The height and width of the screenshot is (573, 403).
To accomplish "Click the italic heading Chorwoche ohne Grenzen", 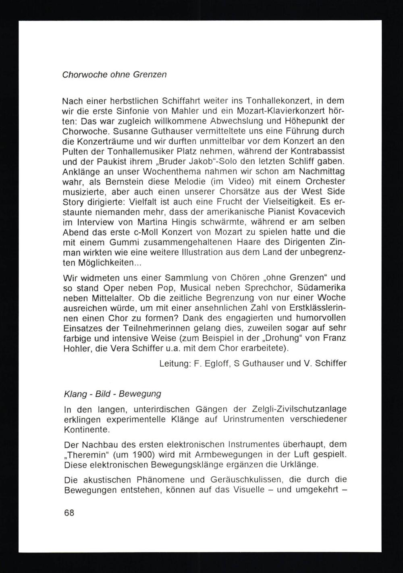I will pyautogui.click(x=114, y=75).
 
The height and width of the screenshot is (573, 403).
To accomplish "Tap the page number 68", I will pyautogui.click(x=69, y=513).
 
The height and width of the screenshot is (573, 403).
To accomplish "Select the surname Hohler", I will pyautogui.click(x=77, y=348).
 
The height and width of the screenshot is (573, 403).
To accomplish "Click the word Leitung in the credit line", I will pyautogui.click(x=174, y=363).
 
